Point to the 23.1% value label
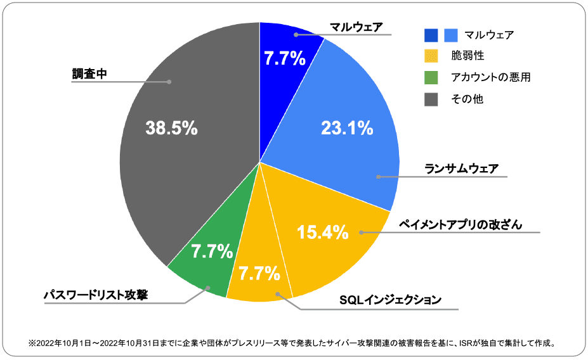click(x=347, y=129)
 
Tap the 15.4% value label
click(x=323, y=232)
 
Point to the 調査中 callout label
click(x=89, y=74)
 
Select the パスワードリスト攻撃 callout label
click(x=95, y=295)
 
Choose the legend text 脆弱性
click(x=467, y=56)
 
